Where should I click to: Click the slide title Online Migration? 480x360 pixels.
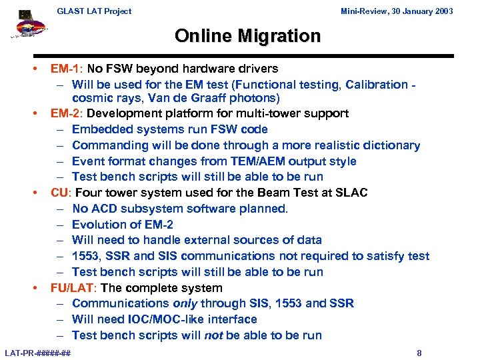[x=247, y=36]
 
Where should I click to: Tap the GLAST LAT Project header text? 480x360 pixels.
[x=94, y=11]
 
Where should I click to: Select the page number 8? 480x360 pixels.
[x=419, y=353]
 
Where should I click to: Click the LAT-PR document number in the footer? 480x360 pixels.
[x=38, y=353]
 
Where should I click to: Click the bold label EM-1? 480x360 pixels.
[x=65, y=69]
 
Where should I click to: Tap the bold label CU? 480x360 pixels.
[x=60, y=193]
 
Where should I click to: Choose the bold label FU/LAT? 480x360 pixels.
[x=72, y=288]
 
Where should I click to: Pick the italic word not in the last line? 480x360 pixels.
[x=213, y=335]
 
